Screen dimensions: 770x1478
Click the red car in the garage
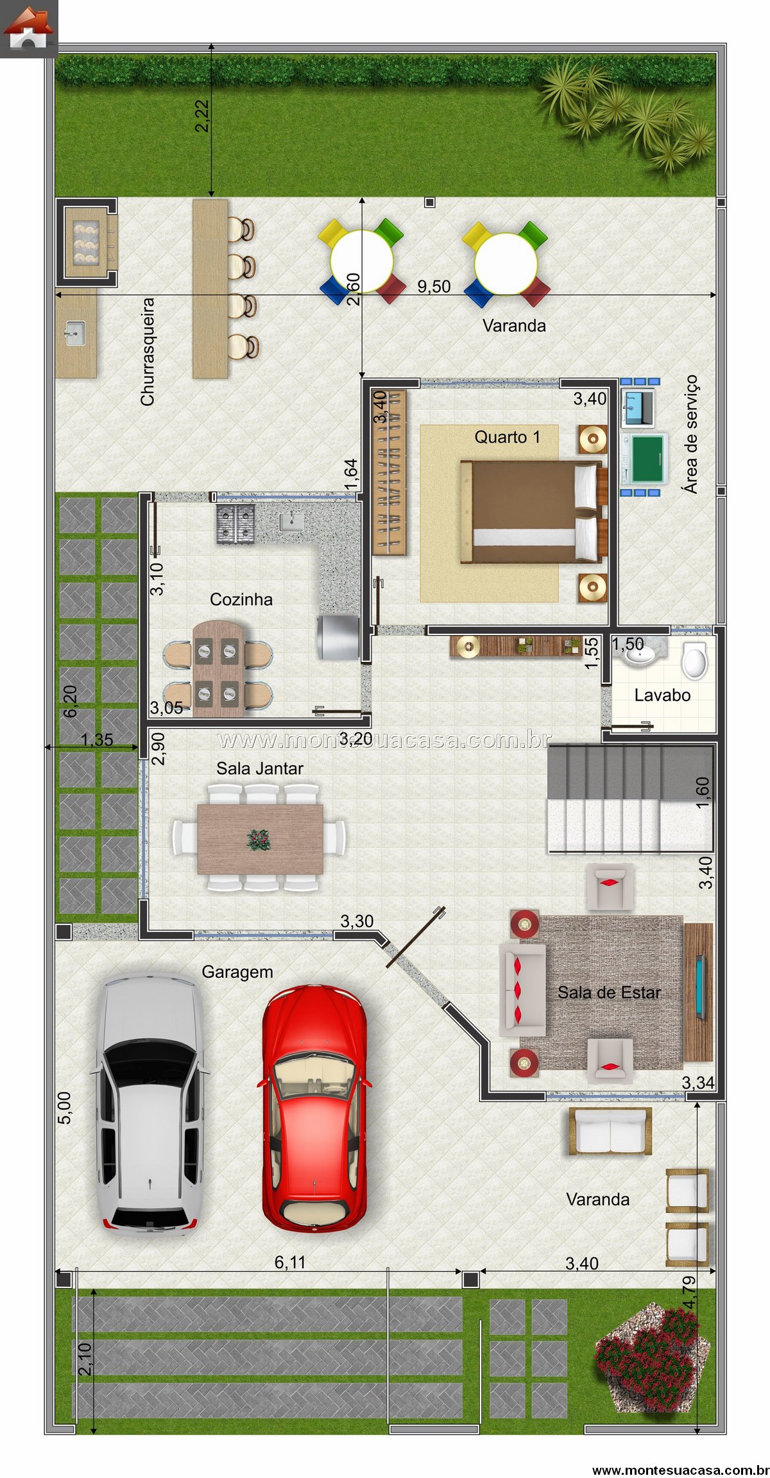click(314, 1108)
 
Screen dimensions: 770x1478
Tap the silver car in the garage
click(149, 1103)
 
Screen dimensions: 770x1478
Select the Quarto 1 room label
click(507, 437)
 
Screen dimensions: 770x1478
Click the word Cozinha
click(241, 600)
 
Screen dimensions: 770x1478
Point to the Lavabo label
click(662, 695)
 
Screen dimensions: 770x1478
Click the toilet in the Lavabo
click(694, 661)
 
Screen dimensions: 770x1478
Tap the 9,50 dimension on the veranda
click(434, 287)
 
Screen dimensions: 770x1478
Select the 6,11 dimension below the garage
click(290, 1262)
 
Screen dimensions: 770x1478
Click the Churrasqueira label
click(148, 352)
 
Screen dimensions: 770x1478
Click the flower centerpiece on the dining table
click(259, 839)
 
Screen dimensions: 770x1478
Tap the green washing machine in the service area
click(647, 459)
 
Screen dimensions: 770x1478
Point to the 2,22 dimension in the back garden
click(202, 116)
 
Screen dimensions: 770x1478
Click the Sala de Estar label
click(609, 993)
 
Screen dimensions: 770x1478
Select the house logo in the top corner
click(28, 28)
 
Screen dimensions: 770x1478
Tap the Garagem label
click(237, 973)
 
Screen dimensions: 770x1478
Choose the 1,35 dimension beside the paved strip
click(97, 740)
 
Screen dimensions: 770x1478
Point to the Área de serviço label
click(690, 434)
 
